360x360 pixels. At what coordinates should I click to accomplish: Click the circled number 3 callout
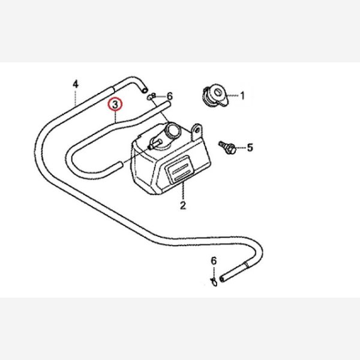pyautogui.click(x=115, y=104)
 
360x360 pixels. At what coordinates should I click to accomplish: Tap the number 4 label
pyautogui.click(x=76, y=84)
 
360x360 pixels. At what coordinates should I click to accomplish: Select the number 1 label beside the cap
pyautogui.click(x=242, y=95)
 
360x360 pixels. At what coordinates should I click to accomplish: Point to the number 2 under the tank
pyautogui.click(x=183, y=205)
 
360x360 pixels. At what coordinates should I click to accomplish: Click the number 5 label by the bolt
pyautogui.click(x=250, y=148)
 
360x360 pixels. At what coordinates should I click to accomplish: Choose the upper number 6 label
pyautogui.click(x=169, y=96)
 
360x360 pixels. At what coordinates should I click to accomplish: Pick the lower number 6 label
pyautogui.click(x=214, y=261)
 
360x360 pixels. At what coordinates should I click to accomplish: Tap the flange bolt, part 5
pyautogui.click(x=227, y=148)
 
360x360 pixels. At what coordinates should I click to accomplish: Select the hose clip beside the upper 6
pyautogui.click(x=151, y=97)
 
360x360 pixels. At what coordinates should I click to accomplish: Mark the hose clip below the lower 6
pyautogui.click(x=214, y=282)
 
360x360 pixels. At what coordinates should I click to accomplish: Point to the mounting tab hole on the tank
pyautogui.click(x=197, y=130)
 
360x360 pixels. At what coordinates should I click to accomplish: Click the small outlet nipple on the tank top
pyautogui.click(x=154, y=144)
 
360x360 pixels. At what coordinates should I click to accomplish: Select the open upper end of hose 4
pyautogui.click(x=145, y=90)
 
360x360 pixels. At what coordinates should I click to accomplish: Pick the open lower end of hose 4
pyautogui.click(x=221, y=279)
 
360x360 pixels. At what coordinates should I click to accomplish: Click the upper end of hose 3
pyautogui.click(x=169, y=105)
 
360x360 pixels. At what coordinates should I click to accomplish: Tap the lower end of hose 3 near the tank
pyautogui.click(x=120, y=165)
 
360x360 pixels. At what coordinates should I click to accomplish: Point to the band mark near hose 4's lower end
pyautogui.click(x=246, y=265)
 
